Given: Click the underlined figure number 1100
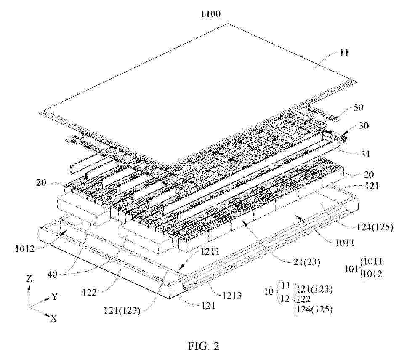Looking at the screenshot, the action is pos(211,14).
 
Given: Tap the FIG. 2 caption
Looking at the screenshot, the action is pos(203,346).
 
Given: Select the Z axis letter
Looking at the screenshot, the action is pos(29,279).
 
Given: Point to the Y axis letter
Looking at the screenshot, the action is pos(55,296).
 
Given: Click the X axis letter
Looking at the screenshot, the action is pos(54,318).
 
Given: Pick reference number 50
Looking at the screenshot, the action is pos(358,108).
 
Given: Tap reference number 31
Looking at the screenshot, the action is pos(364,154).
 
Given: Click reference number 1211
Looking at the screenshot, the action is pos(210,252).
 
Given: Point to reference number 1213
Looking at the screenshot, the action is pos(231,296).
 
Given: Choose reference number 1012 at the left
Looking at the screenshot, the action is pos(25,248).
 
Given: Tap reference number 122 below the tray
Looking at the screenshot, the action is pos(89,293).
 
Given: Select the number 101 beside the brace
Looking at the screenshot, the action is pos(351,269).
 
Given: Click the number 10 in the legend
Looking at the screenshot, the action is pos(269,291).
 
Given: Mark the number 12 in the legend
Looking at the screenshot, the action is pos(285,299).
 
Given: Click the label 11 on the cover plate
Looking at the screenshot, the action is pos(343,53).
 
